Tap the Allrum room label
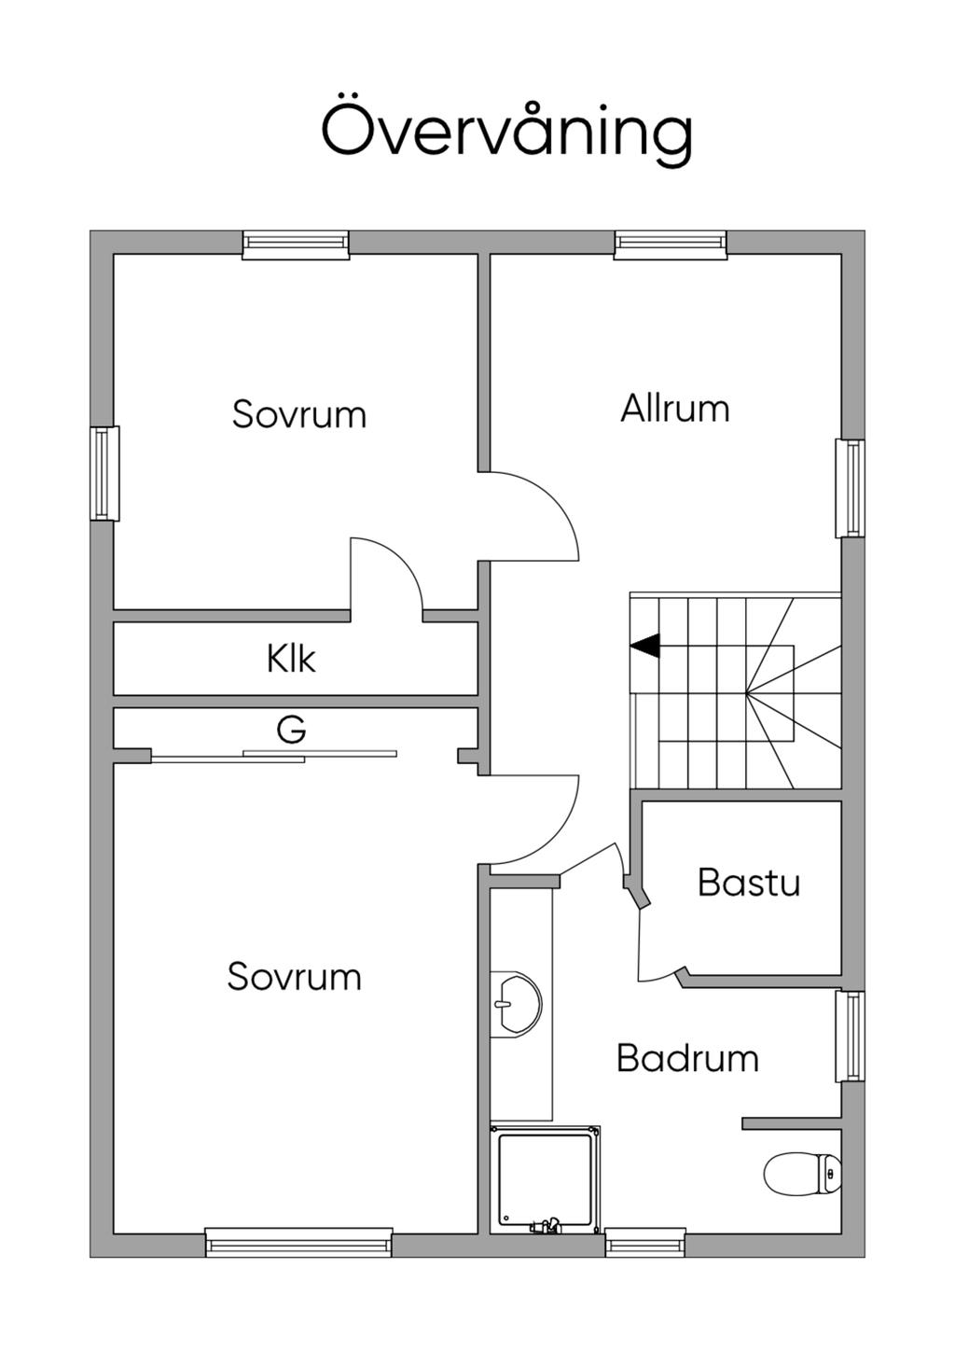675,409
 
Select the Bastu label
749,882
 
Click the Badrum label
687,1058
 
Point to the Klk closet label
291,659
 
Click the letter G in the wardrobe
291,729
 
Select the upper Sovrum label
299,414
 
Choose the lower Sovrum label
294,977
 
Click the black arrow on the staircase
644,645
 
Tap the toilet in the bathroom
801,1173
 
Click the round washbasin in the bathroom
516,1004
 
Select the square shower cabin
546,1179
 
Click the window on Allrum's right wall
850,488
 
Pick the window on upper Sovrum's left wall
104,473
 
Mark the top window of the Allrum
670,244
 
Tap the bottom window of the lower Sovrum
298,1243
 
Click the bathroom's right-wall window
850,1036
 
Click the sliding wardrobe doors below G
274,757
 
